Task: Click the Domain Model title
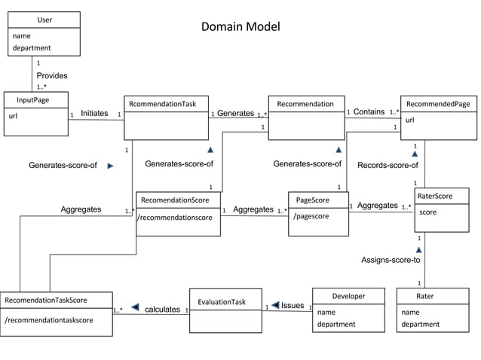pos(240,27)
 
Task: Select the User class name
pos(44,20)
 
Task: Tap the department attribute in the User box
pos(32,48)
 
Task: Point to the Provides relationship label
pos(52,76)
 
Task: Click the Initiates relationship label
pos(94,113)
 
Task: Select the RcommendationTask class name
pos(163,104)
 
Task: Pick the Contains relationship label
pos(369,112)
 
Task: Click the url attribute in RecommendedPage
pos(409,120)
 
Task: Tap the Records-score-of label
pos(388,165)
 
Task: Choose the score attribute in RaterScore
pos(427,212)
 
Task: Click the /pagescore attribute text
pos(311,217)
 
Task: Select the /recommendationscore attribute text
pos(174,218)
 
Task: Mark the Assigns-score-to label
pos(391,260)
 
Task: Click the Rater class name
pos(424,296)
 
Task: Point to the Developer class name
pos(348,296)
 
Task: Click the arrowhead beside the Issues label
pos(276,305)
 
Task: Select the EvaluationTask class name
pos(222,302)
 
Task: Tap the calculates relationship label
pos(162,310)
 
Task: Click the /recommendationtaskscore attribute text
pos(48,320)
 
